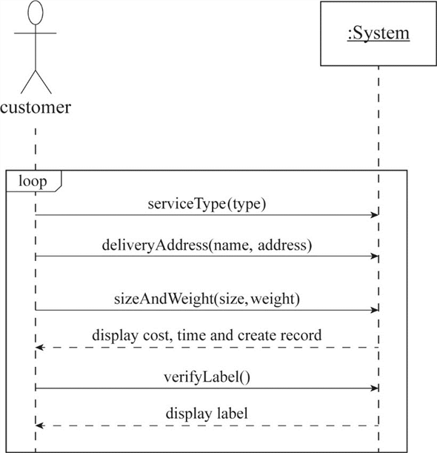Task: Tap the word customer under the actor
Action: (x=36, y=108)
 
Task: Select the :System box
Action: (x=378, y=34)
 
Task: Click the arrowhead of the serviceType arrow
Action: (x=375, y=216)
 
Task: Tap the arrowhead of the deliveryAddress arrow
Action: (x=375, y=257)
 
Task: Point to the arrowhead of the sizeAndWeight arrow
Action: (x=375, y=310)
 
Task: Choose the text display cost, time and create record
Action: (x=207, y=335)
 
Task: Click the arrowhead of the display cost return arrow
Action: (x=40, y=347)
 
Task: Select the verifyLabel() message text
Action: (x=207, y=376)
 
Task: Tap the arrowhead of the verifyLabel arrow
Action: (x=375, y=388)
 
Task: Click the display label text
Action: (x=207, y=413)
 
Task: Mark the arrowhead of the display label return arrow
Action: (x=40, y=426)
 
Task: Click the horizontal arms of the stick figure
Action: (x=36, y=33)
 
